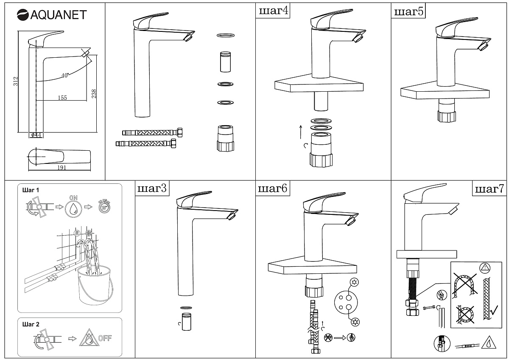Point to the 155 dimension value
pyautogui.click(x=62, y=98)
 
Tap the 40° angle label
pyautogui.click(x=64, y=76)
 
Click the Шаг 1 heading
pyautogui.click(x=31, y=190)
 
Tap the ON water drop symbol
pyautogui.click(x=74, y=208)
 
